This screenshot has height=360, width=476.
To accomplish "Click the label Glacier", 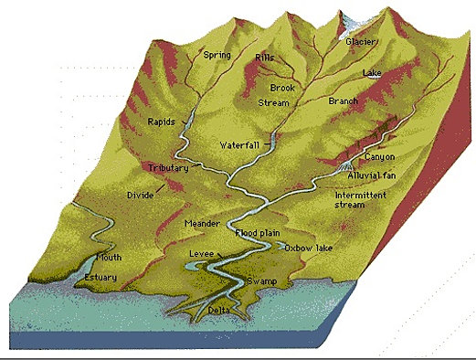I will coord(362,42).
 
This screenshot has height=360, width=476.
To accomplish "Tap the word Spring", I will coord(218,55).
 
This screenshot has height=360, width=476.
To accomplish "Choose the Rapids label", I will coord(163,122).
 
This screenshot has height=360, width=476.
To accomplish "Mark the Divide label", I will coord(141,196).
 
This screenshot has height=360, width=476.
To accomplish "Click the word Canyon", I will coord(378,157).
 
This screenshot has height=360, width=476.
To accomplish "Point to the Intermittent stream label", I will coord(361,200).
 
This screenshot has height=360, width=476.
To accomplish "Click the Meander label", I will coord(202,224).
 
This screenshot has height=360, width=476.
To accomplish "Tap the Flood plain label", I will coord(259,234).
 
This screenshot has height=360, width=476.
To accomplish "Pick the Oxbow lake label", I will coord(307,249).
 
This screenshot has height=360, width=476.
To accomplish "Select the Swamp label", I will coord(261,281).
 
